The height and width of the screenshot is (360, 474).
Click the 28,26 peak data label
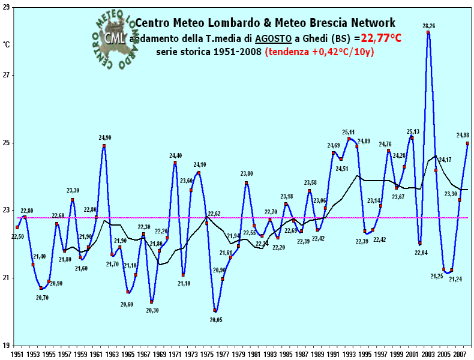pyautogui.click(x=429, y=26)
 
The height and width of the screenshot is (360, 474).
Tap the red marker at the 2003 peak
pyautogui.click(x=428, y=32)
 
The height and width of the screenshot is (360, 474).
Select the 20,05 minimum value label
pyautogui.click(x=216, y=320)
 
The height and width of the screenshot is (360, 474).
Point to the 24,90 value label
pyautogui.click(x=105, y=137)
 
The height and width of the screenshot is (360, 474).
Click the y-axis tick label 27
pyautogui.click(x=8, y=75)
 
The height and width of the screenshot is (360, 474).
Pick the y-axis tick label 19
pyautogui.click(x=8, y=345)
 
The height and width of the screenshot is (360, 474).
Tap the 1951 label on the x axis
pyautogui.click(x=17, y=355)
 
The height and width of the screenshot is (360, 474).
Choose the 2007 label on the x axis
pyautogui.click(x=460, y=355)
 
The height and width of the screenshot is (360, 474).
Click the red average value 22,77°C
pyautogui.click(x=381, y=39)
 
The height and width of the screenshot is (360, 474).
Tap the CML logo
pyautogui.click(x=115, y=37)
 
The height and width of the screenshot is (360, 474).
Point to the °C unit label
pyautogui.click(x=7, y=44)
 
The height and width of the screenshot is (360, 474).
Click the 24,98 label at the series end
pyautogui.click(x=463, y=135)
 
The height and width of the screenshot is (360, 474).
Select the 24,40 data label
pyautogui.click(x=176, y=155)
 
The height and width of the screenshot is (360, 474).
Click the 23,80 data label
pyautogui.click(x=247, y=174)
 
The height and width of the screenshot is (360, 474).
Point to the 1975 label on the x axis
pyautogui.click(x=205, y=355)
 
